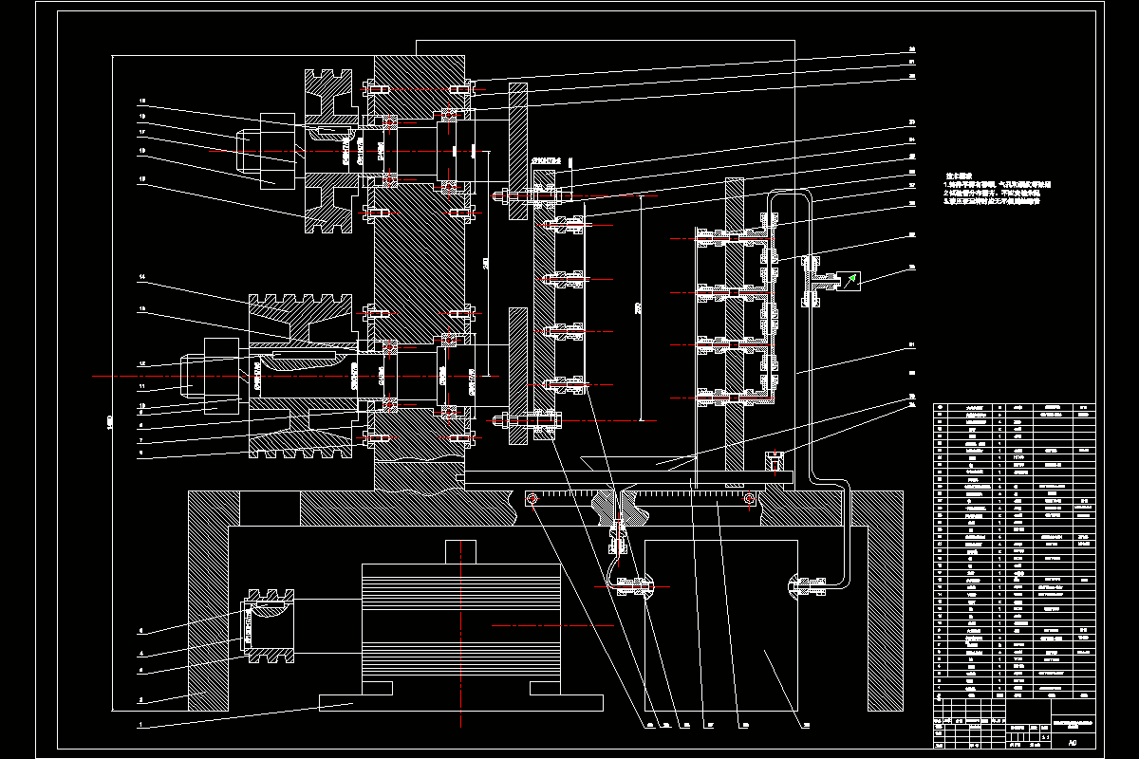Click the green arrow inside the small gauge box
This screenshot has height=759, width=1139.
pyautogui.click(x=851, y=279)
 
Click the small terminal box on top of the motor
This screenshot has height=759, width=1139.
pyautogui.click(x=461, y=551)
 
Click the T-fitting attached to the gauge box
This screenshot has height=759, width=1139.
pyautogui.click(x=821, y=280)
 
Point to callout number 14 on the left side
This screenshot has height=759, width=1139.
pyautogui.click(x=140, y=278)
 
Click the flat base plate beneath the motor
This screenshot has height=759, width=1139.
pyautogui.click(x=461, y=703)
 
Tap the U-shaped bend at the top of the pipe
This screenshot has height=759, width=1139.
pyautogui.click(x=788, y=194)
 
